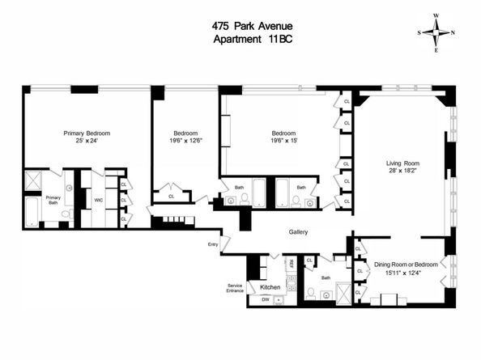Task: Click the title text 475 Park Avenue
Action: tap(240, 25)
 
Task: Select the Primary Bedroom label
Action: tap(87, 133)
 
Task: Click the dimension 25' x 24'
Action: tap(87, 142)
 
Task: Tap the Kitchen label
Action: tap(270, 287)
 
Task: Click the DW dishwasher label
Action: tap(265, 299)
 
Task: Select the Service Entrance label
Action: tap(236, 287)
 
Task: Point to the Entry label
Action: tap(213, 244)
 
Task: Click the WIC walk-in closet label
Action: tap(98, 199)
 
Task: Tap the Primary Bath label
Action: tap(53, 200)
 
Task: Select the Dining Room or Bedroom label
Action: tap(405, 265)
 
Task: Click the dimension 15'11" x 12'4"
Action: tap(405, 273)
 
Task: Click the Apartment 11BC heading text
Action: tap(240, 39)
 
